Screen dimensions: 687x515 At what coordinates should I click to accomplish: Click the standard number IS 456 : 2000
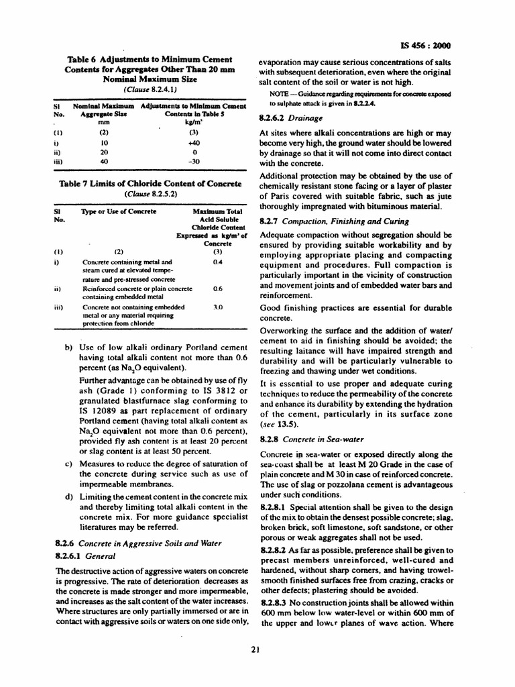[x=426, y=46]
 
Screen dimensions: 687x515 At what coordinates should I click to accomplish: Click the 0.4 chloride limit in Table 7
[x=217, y=262]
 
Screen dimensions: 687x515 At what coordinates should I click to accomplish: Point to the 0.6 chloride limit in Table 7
[x=217, y=288]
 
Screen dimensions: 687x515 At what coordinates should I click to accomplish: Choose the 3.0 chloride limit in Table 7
[x=217, y=306]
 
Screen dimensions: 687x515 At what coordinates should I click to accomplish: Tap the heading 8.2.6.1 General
[x=84, y=556]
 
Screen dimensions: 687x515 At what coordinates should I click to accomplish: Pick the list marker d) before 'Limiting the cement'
[x=68, y=497]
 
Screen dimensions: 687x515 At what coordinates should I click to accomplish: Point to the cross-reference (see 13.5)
[x=278, y=425]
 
